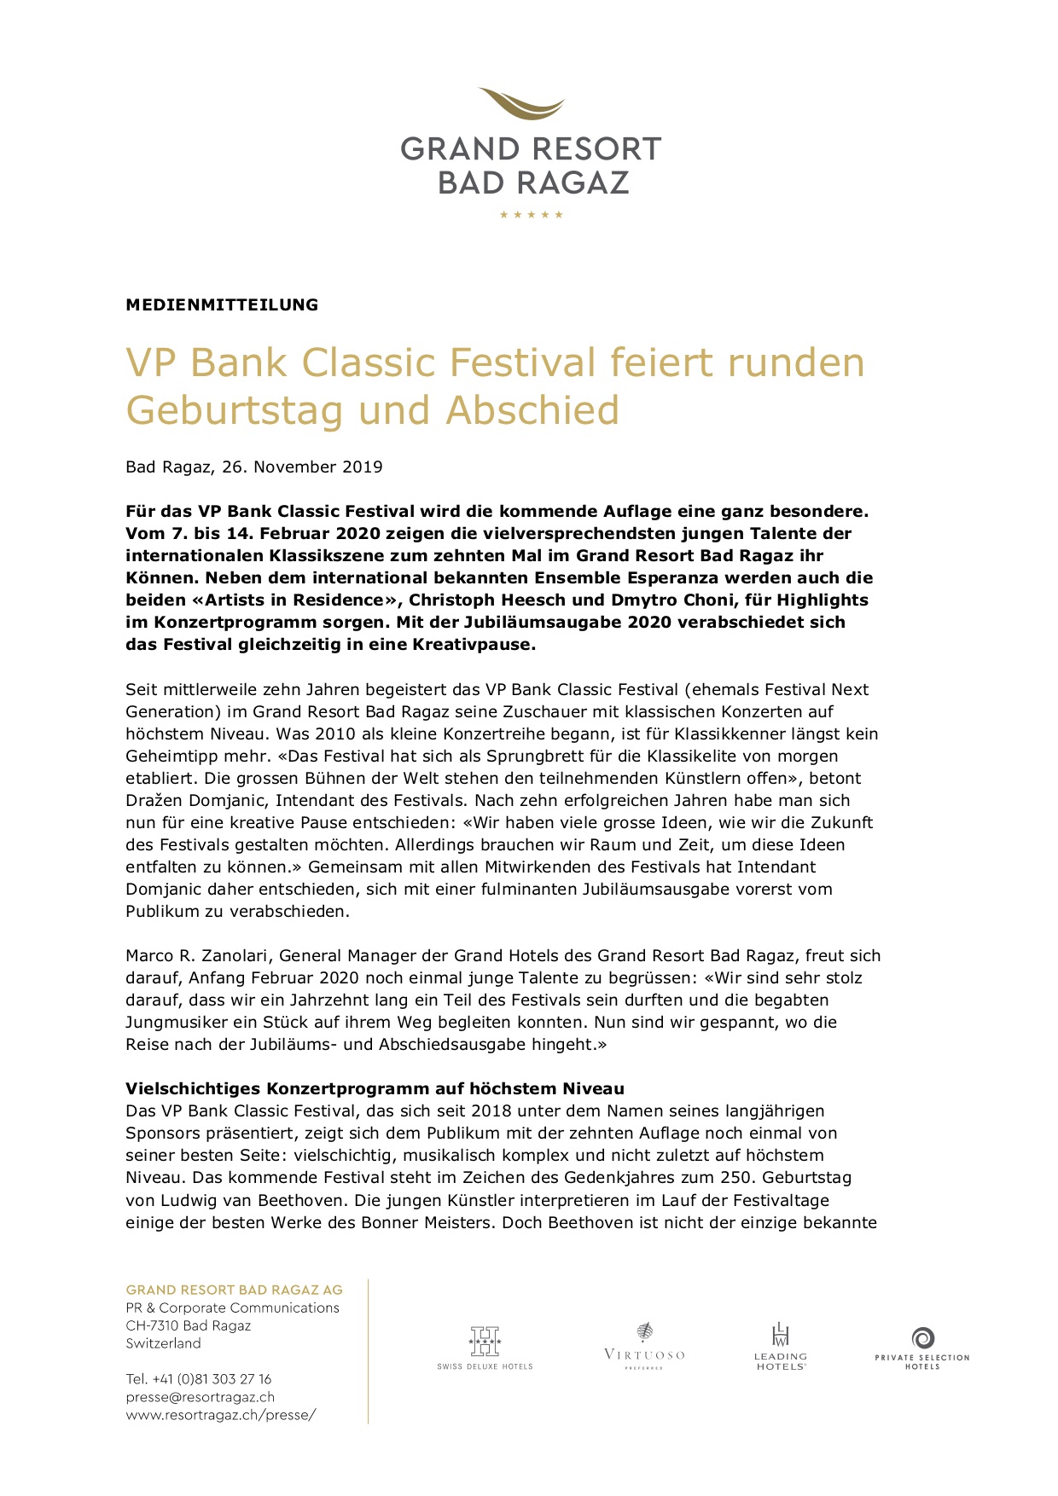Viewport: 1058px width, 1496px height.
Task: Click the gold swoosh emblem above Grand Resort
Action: (521, 105)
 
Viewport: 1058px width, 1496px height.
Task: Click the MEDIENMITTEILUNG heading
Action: (222, 304)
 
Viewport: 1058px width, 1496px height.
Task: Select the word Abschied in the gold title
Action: (532, 410)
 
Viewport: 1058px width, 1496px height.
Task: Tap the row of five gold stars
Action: (531, 215)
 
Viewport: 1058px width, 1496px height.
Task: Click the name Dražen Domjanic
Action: (195, 800)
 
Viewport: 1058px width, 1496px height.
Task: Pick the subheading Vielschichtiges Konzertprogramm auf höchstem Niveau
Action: (375, 1088)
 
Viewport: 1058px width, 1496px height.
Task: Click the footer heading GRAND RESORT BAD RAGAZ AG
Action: (234, 1290)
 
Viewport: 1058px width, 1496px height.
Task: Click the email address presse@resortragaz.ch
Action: (201, 1396)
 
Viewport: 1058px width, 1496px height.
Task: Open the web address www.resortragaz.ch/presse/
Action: (221, 1414)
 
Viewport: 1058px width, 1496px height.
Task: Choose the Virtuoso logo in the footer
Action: (644, 1346)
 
